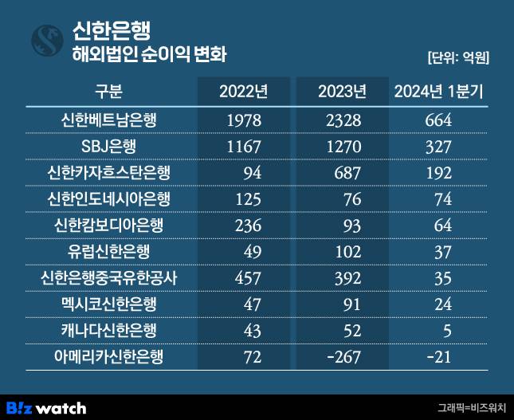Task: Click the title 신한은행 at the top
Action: click(106, 29)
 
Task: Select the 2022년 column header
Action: click(243, 91)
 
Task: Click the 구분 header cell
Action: click(109, 91)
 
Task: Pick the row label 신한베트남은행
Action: click(109, 120)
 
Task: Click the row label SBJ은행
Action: click(109, 147)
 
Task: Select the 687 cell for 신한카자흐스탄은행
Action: click(347, 173)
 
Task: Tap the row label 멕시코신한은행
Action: click(109, 304)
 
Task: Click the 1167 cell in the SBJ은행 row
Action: click(243, 147)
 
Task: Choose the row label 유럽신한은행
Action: click(109, 251)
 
